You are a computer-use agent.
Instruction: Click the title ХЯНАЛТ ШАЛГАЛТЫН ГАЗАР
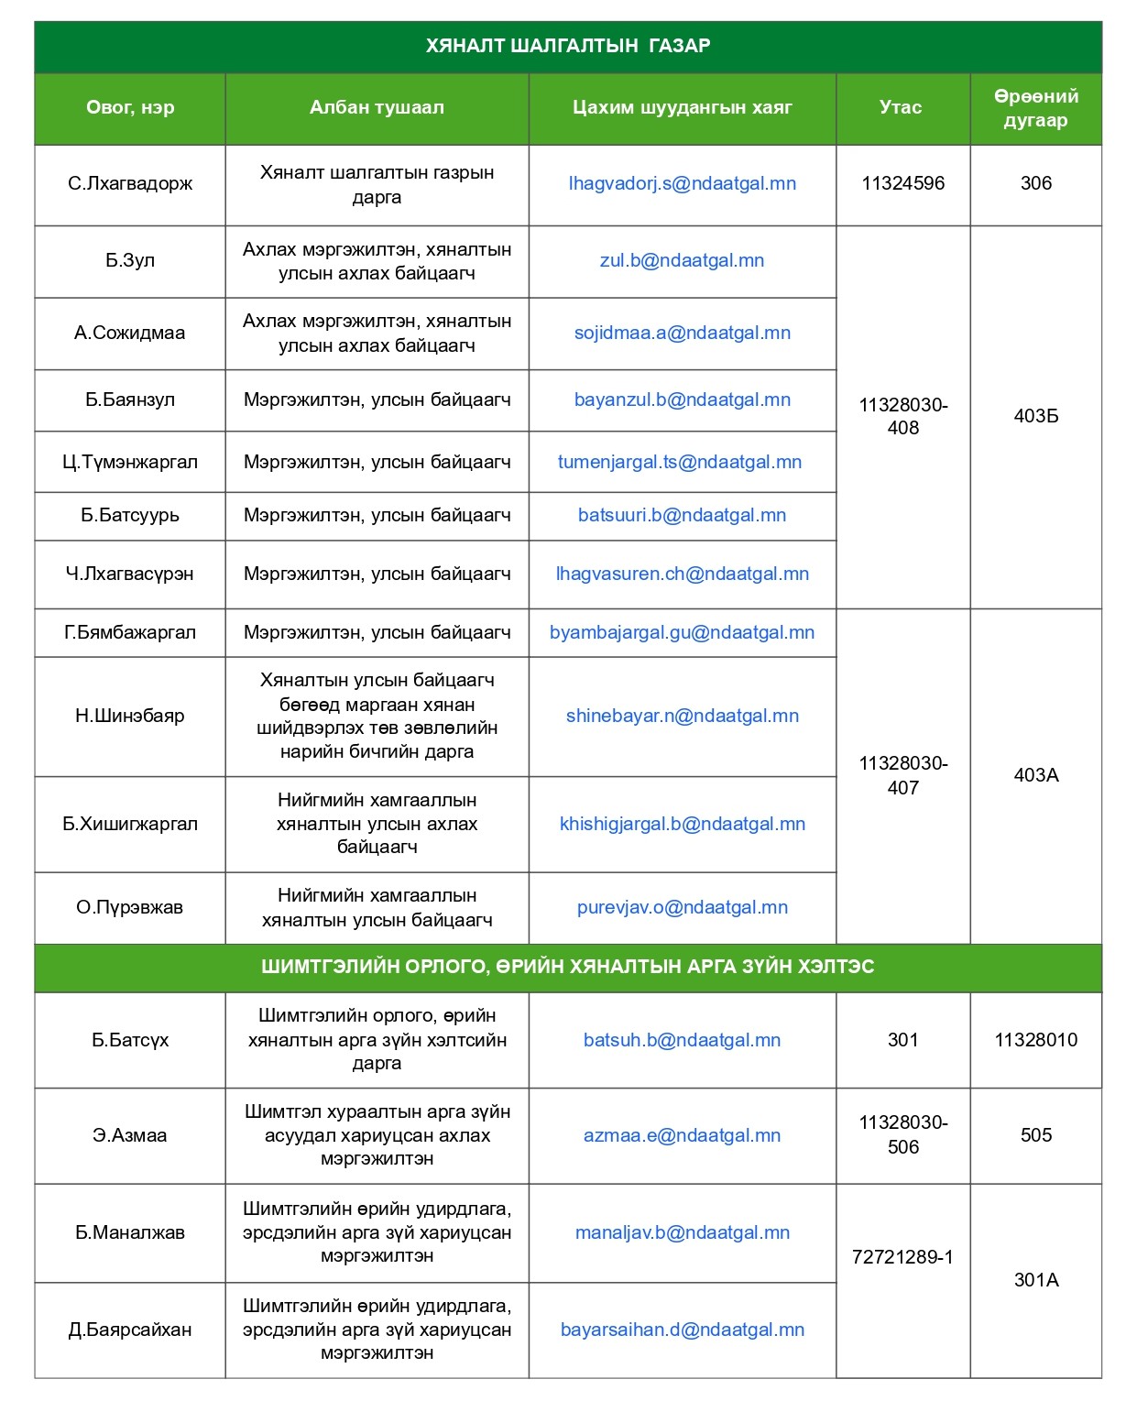coord(568,46)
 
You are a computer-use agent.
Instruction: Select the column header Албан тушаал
coord(377,107)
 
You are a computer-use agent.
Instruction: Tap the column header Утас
coord(902,107)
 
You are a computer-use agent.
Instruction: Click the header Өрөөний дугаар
coord(1035,108)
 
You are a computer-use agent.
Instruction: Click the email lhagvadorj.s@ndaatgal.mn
coord(682,183)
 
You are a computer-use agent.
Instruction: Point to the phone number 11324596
coord(902,183)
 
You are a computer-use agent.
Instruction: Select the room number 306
coord(1035,183)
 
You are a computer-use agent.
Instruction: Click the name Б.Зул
coord(130,260)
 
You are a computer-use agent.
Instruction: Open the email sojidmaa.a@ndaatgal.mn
coord(682,333)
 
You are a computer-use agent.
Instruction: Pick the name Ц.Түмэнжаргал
coord(130,462)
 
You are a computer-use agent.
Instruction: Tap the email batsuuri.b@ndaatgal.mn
coord(682,515)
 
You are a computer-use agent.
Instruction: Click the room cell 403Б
coord(1035,416)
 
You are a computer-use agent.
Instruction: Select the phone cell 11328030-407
coord(902,775)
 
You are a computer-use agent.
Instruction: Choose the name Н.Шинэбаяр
coord(130,716)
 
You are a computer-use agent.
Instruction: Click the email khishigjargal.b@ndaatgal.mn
coord(682,824)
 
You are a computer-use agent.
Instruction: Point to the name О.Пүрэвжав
coord(130,907)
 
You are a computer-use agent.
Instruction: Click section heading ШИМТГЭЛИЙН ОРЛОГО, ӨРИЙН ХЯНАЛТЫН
coord(568,967)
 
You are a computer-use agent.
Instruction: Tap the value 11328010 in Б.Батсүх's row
coord(1035,1040)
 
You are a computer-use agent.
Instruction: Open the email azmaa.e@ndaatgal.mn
coord(682,1135)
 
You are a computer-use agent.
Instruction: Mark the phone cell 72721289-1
coord(902,1257)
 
